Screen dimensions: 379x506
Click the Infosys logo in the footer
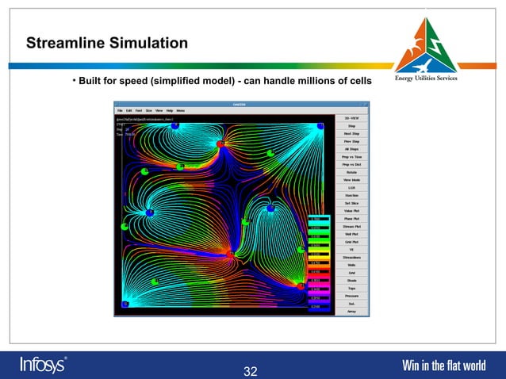pyautogui.click(x=43, y=365)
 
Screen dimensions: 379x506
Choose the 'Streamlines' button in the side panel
pyautogui.click(x=351, y=257)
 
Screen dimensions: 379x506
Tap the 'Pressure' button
pyautogui.click(x=351, y=296)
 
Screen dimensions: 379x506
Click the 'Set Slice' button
pyautogui.click(x=351, y=203)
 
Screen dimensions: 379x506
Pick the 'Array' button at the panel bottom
pyautogui.click(x=351, y=311)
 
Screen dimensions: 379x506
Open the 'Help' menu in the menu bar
pyautogui.click(x=169, y=110)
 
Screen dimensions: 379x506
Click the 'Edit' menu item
pyautogui.click(x=129, y=110)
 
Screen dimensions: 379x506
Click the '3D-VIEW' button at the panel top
pyautogui.click(x=351, y=117)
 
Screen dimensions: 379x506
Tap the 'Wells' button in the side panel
pyautogui.click(x=351, y=265)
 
